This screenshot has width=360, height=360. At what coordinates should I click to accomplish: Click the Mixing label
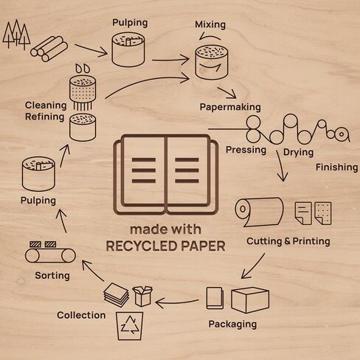coord(210,25)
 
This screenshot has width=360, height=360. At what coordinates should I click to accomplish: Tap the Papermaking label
coord(230,107)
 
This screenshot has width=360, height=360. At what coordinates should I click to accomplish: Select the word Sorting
coord(52,276)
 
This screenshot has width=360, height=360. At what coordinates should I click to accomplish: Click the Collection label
coord(81,315)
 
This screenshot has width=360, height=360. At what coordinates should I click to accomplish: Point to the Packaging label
coord(232,324)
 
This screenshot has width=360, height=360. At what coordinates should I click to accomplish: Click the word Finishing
coord(337,167)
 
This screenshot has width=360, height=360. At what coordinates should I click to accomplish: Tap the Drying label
coord(298,153)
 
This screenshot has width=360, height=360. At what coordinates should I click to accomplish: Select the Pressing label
coord(246,150)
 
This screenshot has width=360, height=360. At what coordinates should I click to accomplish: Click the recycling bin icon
coord(130,326)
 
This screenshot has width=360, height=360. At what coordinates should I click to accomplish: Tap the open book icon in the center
coord(166,174)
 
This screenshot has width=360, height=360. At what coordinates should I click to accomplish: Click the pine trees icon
coord(16,34)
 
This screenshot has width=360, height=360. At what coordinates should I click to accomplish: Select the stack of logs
coord(49,49)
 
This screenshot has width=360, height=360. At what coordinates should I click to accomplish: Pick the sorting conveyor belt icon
coord(50,252)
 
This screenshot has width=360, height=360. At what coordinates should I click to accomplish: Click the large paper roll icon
coord(259,212)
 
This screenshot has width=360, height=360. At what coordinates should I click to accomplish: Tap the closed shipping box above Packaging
coord(250,300)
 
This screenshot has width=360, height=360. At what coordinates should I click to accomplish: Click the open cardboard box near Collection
coord(142,296)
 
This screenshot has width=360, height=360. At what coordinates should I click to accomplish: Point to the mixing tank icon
coord(212,62)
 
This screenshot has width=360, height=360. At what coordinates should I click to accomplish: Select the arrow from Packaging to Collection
coord(177,302)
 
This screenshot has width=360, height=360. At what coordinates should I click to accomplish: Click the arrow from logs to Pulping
coord(91,50)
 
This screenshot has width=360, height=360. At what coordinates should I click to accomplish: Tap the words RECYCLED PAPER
coord(165,246)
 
